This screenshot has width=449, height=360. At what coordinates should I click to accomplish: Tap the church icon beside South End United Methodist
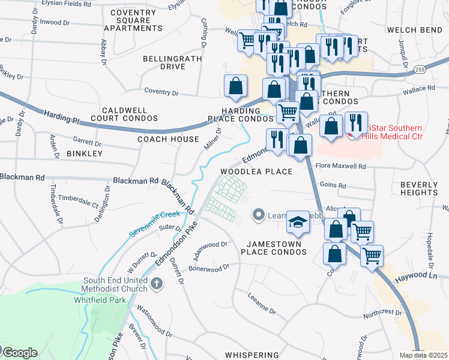coord(157,283)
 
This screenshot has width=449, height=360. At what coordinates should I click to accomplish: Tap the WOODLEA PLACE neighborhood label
coord(256,172)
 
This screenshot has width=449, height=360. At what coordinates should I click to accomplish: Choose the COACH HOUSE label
coord(167,139)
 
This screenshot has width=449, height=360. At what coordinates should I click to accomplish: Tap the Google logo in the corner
coord(19,352)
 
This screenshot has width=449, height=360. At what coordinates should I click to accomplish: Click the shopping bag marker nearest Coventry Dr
coord(236,86)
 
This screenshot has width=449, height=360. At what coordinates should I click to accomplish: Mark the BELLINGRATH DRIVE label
coord(164,62)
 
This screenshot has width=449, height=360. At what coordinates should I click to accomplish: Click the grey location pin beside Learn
coord(259,214)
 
